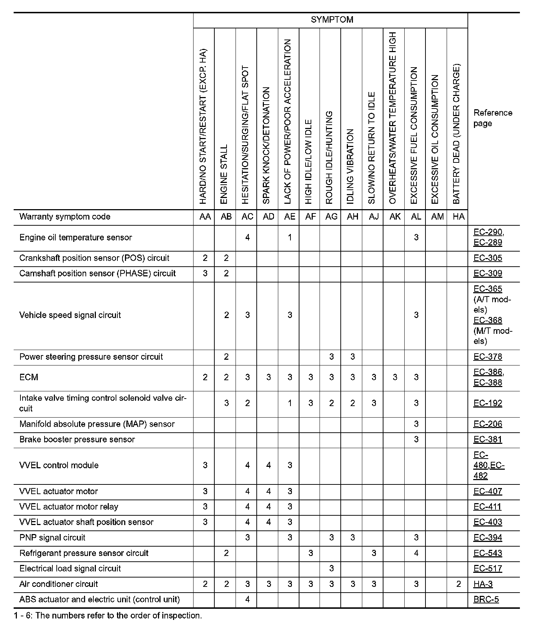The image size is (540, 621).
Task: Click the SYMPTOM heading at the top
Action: (x=332, y=20)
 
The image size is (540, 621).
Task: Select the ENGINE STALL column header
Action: (x=224, y=174)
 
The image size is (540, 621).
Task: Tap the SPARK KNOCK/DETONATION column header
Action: (x=266, y=146)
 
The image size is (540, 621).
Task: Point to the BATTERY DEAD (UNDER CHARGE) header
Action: (x=456, y=134)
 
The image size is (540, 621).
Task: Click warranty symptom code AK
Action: (x=395, y=217)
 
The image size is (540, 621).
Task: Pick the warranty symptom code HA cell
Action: (x=458, y=217)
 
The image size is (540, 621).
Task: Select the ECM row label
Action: (x=29, y=377)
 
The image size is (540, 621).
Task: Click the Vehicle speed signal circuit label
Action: (x=70, y=315)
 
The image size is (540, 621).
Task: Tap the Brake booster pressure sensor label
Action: (x=77, y=440)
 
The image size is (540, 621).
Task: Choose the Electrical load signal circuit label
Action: (x=70, y=569)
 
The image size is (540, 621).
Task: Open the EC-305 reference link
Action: (x=488, y=258)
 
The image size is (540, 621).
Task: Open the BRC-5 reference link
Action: (x=486, y=599)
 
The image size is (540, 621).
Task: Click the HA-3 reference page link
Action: (x=483, y=584)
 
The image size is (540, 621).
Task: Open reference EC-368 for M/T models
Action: (x=488, y=320)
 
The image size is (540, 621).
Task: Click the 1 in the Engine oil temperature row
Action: (x=290, y=238)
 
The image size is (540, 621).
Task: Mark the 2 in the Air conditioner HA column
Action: (x=458, y=584)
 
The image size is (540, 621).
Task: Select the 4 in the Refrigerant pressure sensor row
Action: (x=416, y=553)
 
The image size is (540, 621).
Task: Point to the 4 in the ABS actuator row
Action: (x=247, y=599)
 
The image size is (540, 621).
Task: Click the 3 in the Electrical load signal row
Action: (x=331, y=569)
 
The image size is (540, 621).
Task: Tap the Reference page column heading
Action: (x=493, y=118)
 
